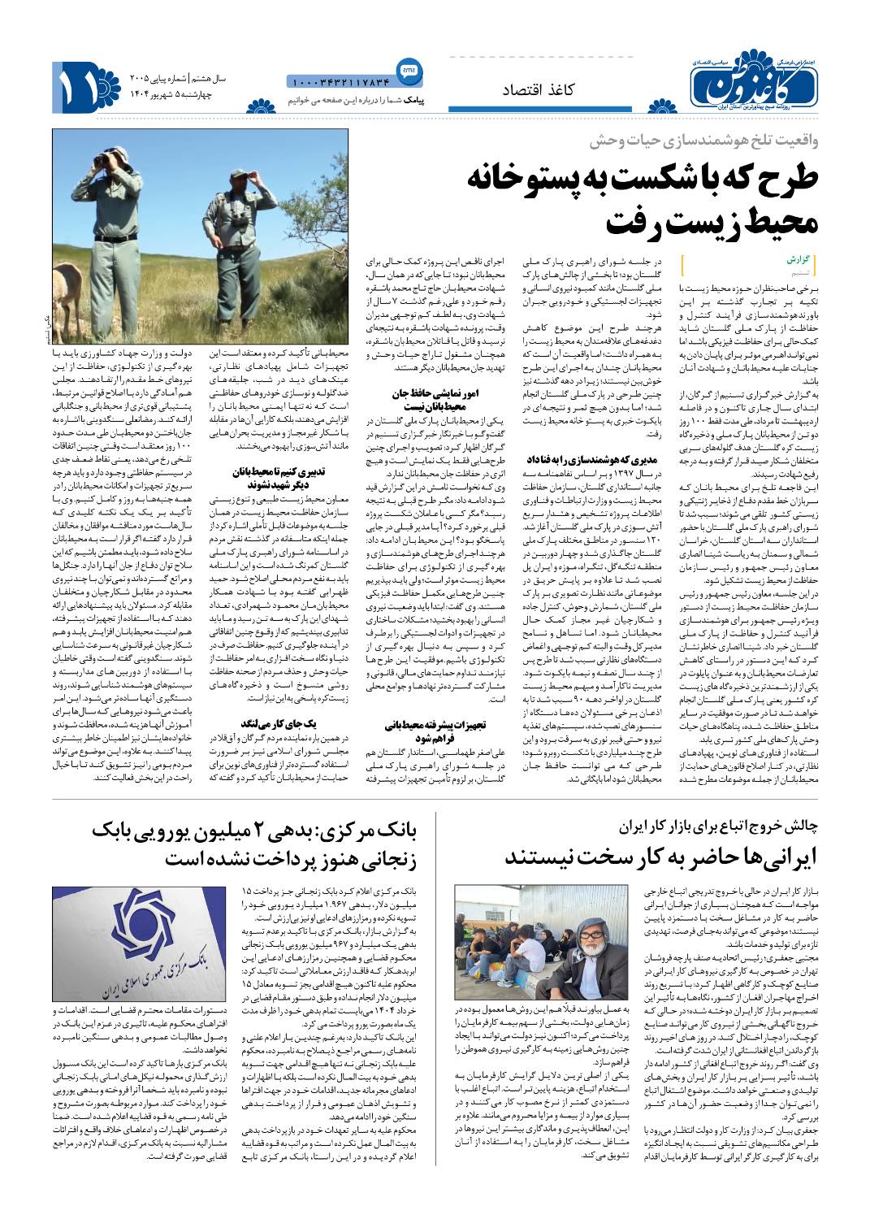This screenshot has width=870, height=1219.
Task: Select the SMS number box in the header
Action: pyautogui.click(x=340, y=80)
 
